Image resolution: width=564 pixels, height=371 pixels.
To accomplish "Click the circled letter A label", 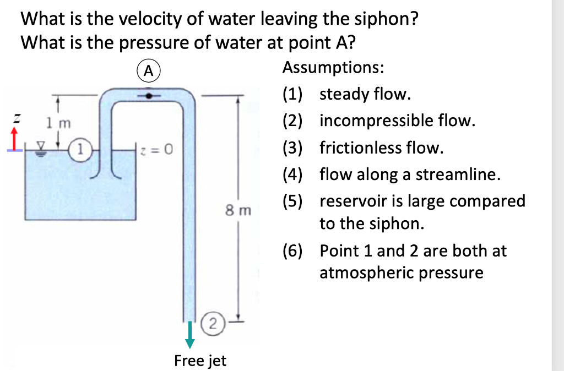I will (147, 70).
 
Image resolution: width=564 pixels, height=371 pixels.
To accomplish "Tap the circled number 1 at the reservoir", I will (82, 148).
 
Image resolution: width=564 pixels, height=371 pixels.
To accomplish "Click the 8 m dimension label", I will (238, 210).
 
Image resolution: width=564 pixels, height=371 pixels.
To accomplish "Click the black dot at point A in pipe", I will (148, 95).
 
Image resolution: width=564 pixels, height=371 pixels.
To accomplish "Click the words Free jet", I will (200, 361).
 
